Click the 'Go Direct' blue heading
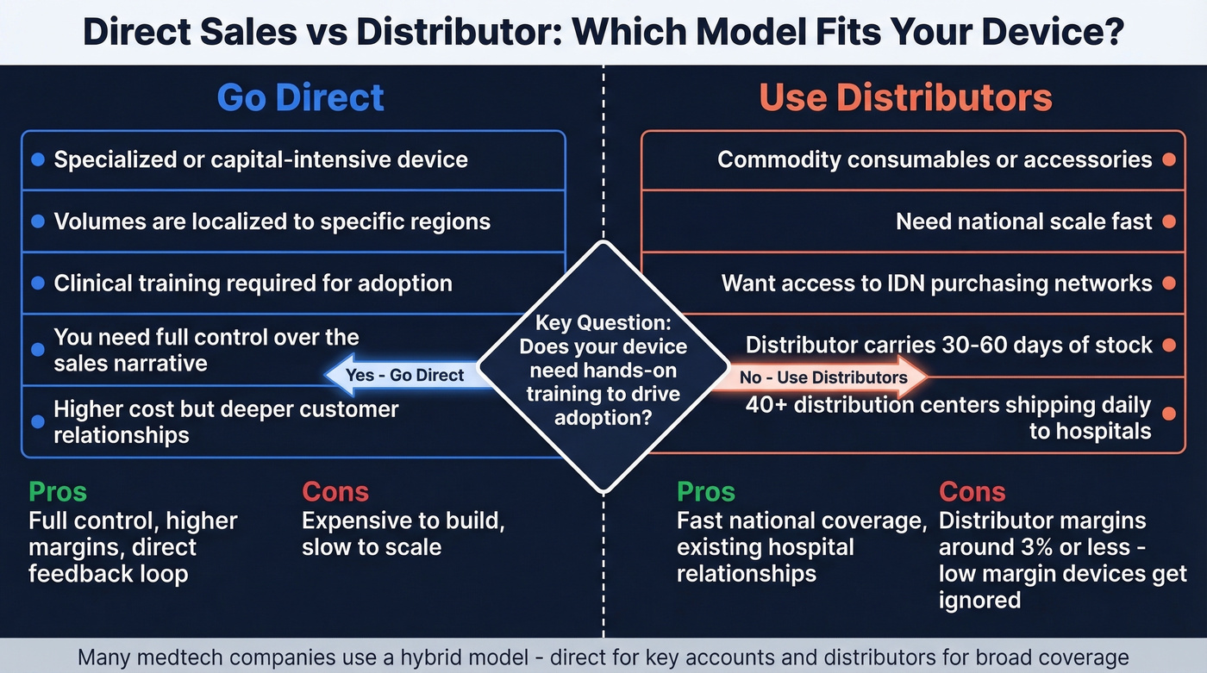tap(300, 97)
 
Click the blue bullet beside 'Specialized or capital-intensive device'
tap(37, 160)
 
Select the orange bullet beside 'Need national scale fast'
tap(1168, 221)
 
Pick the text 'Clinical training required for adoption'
tap(253, 284)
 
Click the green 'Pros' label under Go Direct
tap(58, 492)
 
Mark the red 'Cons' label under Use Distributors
tap(972, 492)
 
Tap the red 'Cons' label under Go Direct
tap(335, 492)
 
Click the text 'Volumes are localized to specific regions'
tap(272, 221)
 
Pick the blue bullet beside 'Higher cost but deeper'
tap(37, 421)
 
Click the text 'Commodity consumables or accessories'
tap(935, 160)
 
